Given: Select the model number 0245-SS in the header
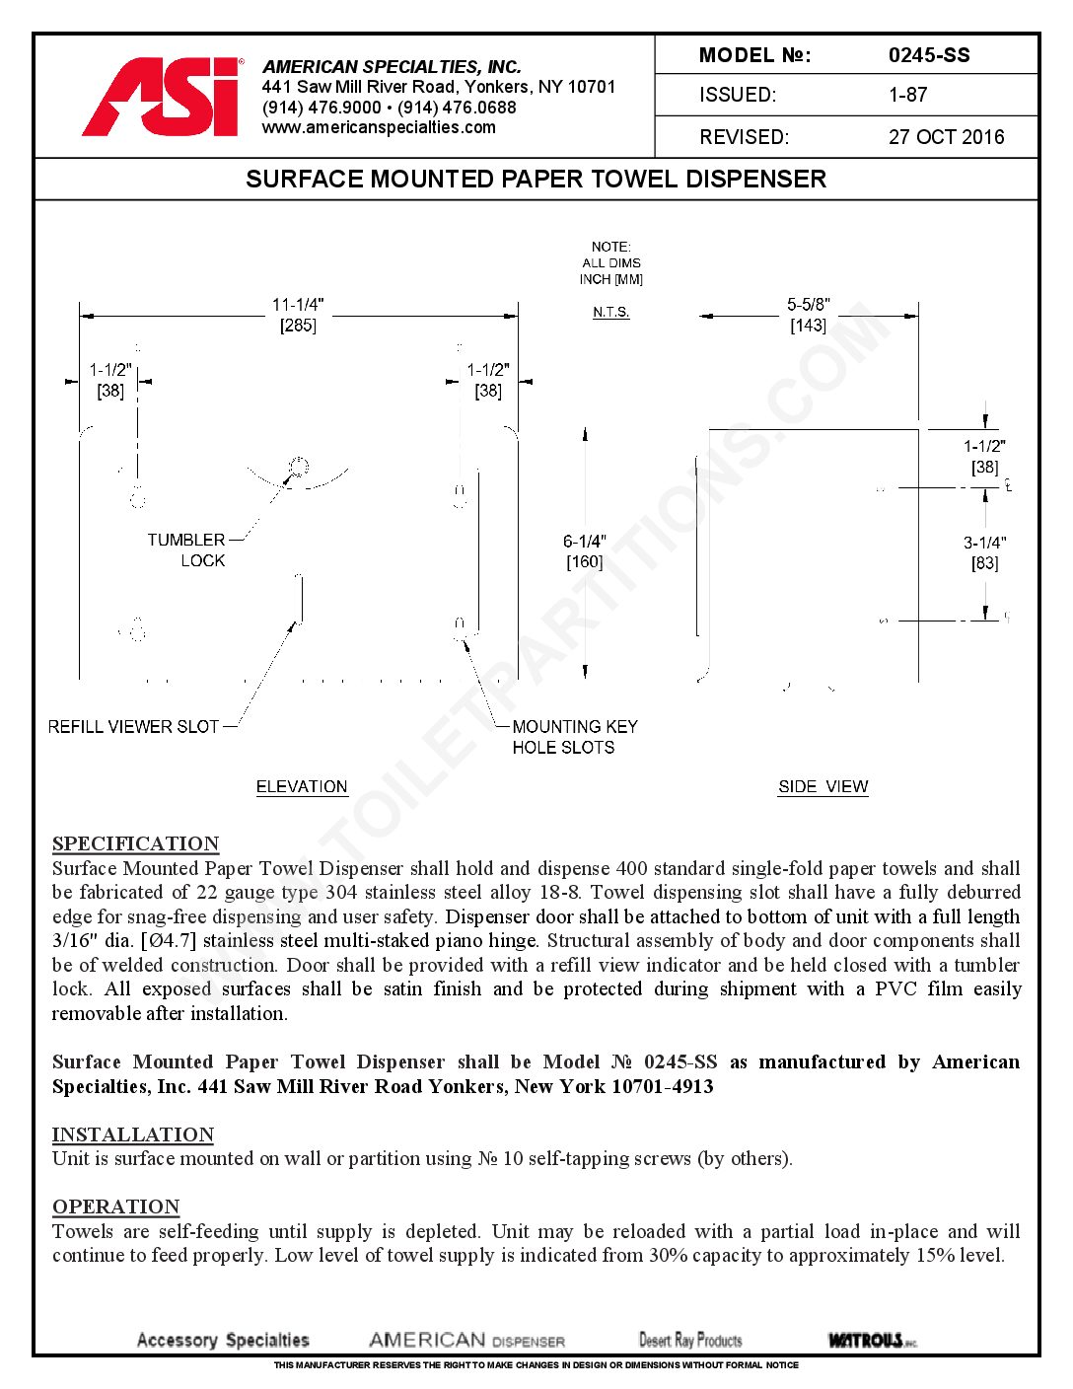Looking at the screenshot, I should [928, 55].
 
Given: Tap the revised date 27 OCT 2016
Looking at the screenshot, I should [946, 137].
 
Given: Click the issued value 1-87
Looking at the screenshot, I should [907, 96].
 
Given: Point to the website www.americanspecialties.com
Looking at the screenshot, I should [379, 127].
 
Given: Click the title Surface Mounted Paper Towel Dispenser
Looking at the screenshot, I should [536, 180].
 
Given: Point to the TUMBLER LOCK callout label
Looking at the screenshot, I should [186, 550].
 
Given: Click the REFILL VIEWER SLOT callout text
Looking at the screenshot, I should [133, 727].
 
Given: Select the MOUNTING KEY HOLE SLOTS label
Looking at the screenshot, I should [574, 737].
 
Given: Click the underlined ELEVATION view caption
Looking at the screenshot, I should [302, 786].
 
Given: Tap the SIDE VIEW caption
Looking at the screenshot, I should [823, 786].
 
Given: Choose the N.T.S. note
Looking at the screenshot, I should [611, 313].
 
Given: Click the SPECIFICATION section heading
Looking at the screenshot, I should [135, 843].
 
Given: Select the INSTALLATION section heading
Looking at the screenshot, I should [132, 1134].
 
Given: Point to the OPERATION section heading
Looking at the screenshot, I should [115, 1206].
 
